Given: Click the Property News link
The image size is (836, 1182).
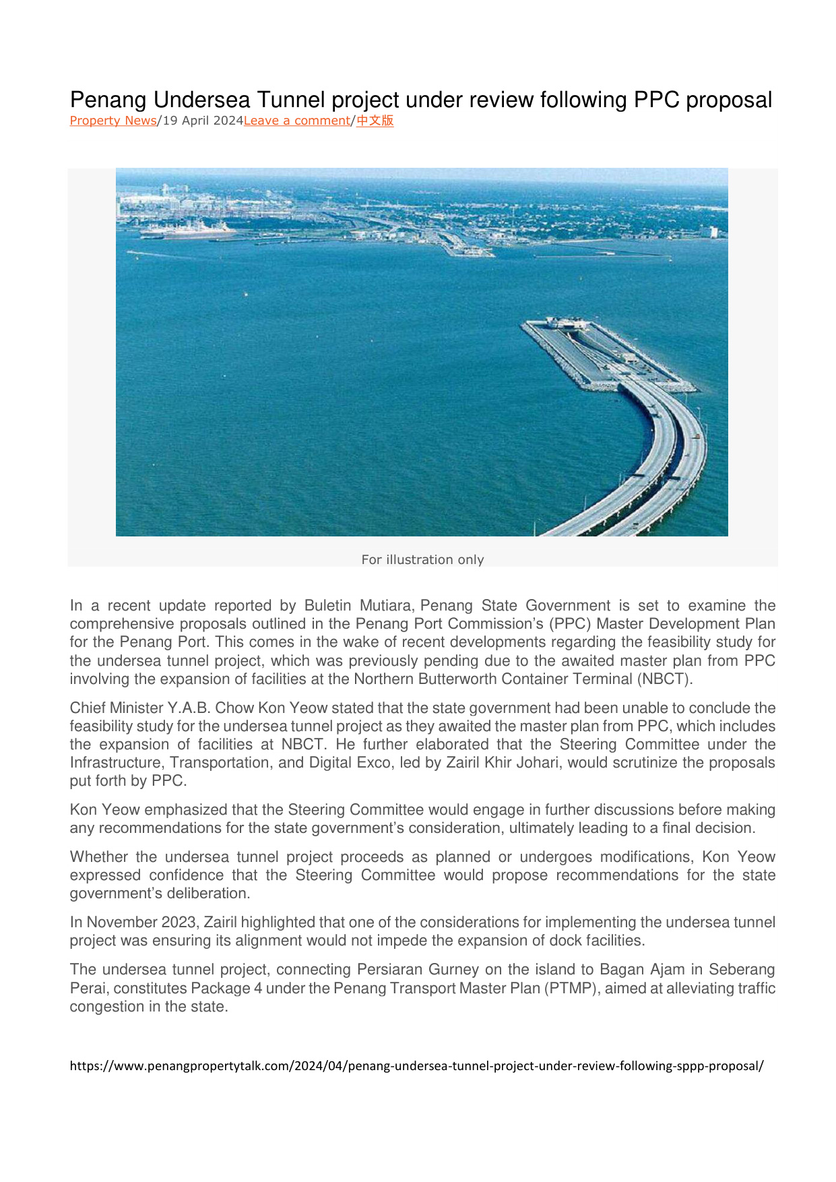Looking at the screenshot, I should pyautogui.click(x=112, y=121).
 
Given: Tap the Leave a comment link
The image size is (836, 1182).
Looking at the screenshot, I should pyautogui.click(x=296, y=121).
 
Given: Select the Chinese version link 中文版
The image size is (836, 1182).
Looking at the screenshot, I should pyautogui.click(x=375, y=121).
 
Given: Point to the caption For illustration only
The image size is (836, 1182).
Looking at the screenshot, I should pyautogui.click(x=422, y=559).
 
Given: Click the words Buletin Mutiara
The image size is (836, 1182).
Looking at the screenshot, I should pyautogui.click(x=358, y=605).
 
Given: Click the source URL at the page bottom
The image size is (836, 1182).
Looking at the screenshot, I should pyautogui.click(x=416, y=1066).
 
